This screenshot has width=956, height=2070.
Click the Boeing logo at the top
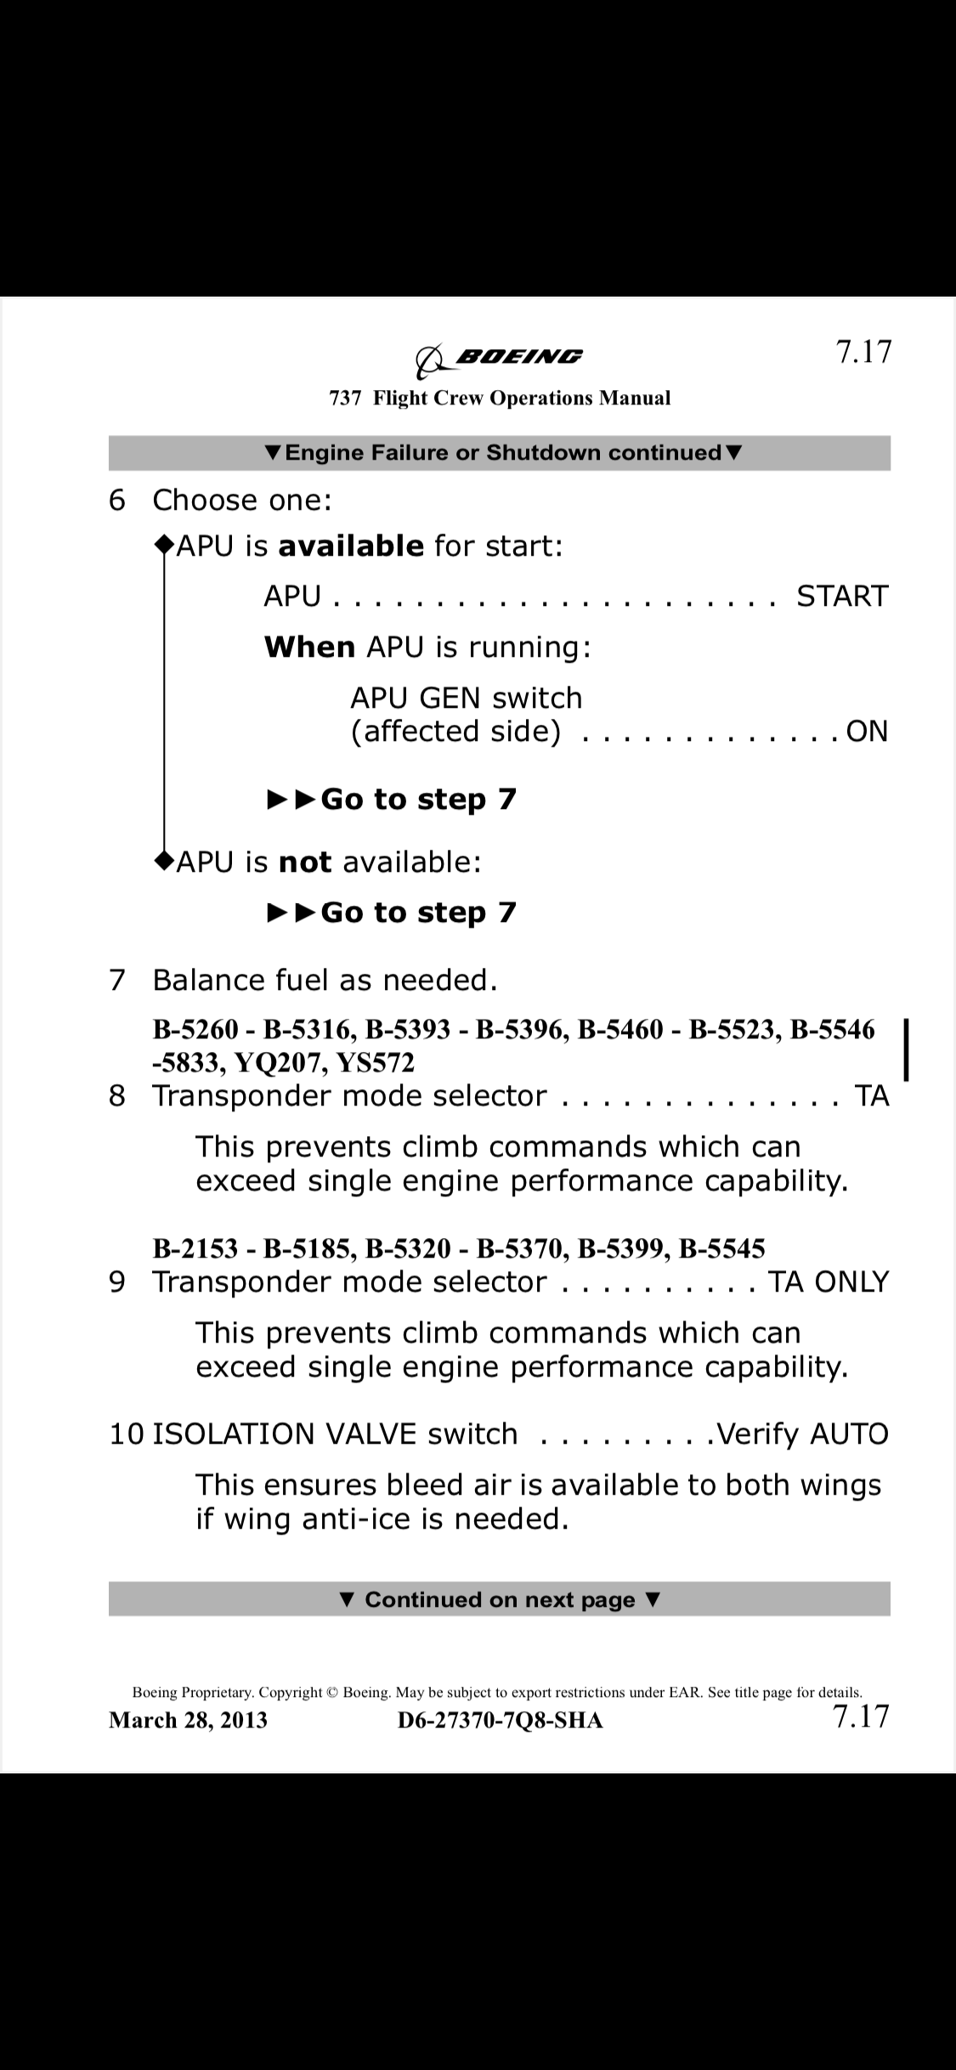(499, 359)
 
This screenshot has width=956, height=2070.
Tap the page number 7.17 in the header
(863, 351)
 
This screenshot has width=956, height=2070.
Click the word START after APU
(841, 597)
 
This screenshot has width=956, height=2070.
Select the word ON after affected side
(867, 732)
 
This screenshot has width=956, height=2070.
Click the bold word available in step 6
(350, 546)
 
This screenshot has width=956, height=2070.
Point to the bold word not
(304, 862)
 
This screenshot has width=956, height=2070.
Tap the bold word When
(309, 648)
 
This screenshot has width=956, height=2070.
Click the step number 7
(117, 981)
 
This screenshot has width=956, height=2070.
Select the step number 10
(127, 1434)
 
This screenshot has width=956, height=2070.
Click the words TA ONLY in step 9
(828, 1282)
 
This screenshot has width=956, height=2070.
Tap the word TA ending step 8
(872, 1096)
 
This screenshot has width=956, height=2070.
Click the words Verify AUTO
(802, 1434)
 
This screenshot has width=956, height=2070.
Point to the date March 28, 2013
(188, 1720)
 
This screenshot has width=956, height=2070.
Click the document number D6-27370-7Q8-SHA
(500, 1720)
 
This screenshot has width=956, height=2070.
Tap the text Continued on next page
(500, 1600)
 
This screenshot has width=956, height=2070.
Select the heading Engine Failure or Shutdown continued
(503, 453)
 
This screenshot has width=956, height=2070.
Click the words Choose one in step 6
(241, 501)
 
